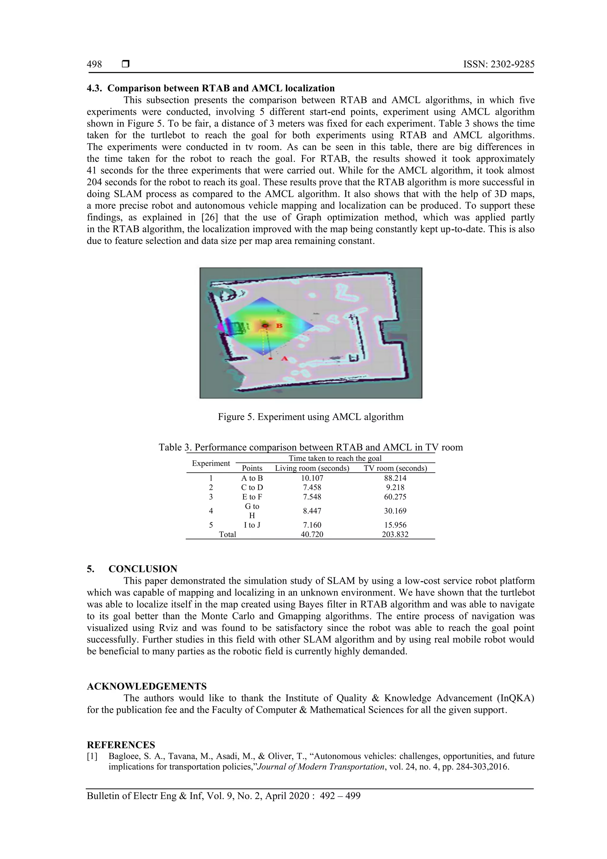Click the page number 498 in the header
[94, 64]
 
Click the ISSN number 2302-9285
[499, 64]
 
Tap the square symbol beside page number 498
[126, 64]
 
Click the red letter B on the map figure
[279, 326]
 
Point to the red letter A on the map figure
[284, 358]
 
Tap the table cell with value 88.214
[395, 478]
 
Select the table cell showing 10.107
[312, 478]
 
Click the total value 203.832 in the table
[395, 535]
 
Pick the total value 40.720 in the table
[312, 535]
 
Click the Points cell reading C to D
[252, 487]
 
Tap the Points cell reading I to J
[252, 525]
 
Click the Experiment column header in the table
[211, 463]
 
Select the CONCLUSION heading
[143, 569]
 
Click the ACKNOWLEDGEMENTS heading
[147, 686]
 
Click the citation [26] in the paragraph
[210, 217]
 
